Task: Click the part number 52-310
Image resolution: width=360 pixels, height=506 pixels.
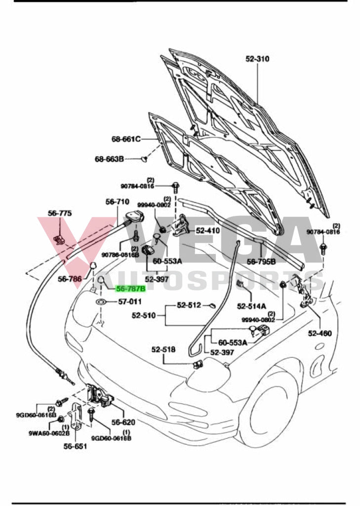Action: pos(257,59)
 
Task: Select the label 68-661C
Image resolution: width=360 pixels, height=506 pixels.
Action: pos(126,139)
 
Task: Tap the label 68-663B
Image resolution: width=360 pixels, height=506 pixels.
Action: pos(110,159)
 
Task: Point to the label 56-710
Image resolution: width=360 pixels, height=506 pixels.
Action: pos(118,202)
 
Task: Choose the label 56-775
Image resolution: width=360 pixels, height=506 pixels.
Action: pos(60,213)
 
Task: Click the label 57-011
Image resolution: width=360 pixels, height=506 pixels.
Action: pos(129,301)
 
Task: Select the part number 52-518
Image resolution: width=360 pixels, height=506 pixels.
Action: pos(163,349)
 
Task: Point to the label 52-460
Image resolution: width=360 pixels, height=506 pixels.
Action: pos(320,333)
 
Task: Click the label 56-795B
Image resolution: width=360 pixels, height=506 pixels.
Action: pos(261,261)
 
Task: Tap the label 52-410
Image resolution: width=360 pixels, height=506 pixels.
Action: pos(207,230)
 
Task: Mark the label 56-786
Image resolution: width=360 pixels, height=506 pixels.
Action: pos(70,279)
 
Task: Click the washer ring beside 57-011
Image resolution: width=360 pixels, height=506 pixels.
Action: pos(101,301)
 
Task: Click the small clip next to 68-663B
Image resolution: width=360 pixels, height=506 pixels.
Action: pos(144,159)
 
